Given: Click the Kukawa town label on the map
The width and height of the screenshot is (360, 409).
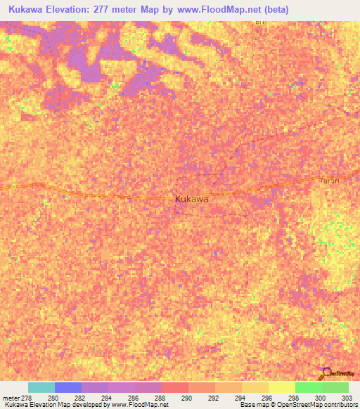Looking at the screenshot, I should [191, 199].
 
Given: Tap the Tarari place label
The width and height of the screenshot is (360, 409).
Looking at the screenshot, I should [329, 181].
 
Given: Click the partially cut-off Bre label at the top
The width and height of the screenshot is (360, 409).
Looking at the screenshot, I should [262, 23].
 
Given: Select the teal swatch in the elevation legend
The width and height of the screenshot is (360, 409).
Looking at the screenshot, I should [41, 387].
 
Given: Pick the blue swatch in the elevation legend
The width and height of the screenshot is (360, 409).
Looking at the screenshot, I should [67, 387].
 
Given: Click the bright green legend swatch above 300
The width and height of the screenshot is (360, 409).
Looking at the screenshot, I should [308, 387].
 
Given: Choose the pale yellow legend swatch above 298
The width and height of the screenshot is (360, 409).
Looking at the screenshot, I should [281, 387].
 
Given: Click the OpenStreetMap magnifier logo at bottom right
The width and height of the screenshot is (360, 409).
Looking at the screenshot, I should [327, 373].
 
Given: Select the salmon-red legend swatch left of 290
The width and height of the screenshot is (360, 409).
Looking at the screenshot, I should [174, 387].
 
